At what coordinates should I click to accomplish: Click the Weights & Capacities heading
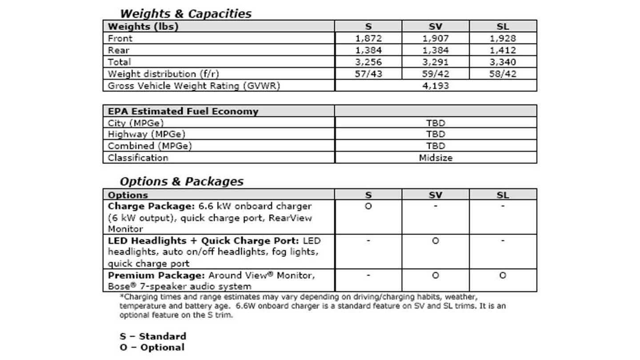pyautogui.click(x=185, y=14)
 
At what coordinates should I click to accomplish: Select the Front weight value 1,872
pyautogui.click(x=368, y=39)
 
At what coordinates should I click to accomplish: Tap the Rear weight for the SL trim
pyautogui.click(x=503, y=50)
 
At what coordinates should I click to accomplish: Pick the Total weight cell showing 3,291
pyautogui.click(x=436, y=62)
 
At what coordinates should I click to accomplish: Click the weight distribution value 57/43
pyautogui.click(x=368, y=74)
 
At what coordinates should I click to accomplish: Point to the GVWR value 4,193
pyautogui.click(x=436, y=86)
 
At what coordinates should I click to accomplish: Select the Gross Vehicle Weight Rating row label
pyautogui.click(x=194, y=86)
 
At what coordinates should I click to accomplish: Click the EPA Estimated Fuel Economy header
pyautogui.click(x=183, y=111)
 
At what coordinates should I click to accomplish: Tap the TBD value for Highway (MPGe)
pyautogui.click(x=436, y=134)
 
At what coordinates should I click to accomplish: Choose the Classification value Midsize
pyautogui.click(x=436, y=158)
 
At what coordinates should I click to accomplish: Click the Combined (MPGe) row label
pyautogui.click(x=150, y=146)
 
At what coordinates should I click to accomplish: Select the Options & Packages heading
pyautogui.click(x=181, y=181)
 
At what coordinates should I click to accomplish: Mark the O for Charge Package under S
pyautogui.click(x=368, y=207)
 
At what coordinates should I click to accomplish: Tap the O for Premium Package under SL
pyautogui.click(x=503, y=276)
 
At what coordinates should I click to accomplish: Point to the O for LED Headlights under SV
pyautogui.click(x=436, y=241)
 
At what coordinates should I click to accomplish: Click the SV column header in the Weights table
pyautogui.click(x=436, y=27)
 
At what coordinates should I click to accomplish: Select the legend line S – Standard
pyautogui.click(x=152, y=336)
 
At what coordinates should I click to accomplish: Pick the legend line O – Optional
pyautogui.click(x=152, y=348)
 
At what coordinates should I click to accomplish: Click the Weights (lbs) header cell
pyautogui.click(x=143, y=27)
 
